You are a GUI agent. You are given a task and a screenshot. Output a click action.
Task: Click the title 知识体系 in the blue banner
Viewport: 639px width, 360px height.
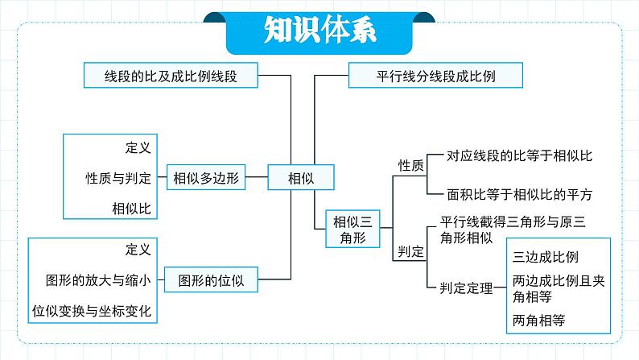point(320,30)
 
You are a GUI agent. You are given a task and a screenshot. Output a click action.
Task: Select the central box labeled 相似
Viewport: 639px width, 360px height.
point(301,177)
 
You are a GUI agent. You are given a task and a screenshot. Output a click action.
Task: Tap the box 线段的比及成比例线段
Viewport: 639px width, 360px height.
point(171,76)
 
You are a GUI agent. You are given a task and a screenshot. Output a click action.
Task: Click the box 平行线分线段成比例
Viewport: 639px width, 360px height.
point(435,76)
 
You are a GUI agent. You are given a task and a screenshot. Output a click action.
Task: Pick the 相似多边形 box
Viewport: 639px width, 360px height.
point(206,177)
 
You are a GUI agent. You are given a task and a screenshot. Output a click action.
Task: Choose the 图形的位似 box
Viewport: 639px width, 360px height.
point(211,279)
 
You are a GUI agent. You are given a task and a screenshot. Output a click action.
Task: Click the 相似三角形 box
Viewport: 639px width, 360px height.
point(352,230)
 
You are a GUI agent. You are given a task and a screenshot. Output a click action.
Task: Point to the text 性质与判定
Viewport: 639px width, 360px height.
point(118,178)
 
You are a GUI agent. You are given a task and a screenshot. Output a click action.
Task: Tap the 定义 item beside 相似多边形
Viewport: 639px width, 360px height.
point(138,147)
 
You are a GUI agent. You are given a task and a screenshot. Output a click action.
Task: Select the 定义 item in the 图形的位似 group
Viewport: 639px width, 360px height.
point(138,250)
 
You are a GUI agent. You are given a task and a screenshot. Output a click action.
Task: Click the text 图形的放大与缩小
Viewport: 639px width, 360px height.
point(98,280)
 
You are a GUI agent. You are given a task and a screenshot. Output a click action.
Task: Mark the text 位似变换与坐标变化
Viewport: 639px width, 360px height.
point(92,311)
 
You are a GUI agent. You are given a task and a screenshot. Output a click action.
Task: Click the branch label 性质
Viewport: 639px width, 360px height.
point(410,166)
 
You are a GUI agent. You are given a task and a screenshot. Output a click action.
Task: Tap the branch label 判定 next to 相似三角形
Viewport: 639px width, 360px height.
point(410,251)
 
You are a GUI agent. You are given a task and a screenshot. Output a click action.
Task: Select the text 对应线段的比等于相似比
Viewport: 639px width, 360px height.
point(519,155)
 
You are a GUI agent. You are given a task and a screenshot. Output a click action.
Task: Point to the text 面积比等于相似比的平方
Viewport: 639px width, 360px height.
point(519,194)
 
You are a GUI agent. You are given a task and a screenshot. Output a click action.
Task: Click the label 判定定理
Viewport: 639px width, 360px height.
point(466,288)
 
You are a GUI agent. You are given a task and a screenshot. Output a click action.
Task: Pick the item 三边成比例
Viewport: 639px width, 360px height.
point(546,257)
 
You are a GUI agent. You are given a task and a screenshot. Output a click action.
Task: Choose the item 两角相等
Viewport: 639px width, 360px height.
point(538,321)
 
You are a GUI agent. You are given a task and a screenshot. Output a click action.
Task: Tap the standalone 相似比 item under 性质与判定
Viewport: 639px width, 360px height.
point(132,209)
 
